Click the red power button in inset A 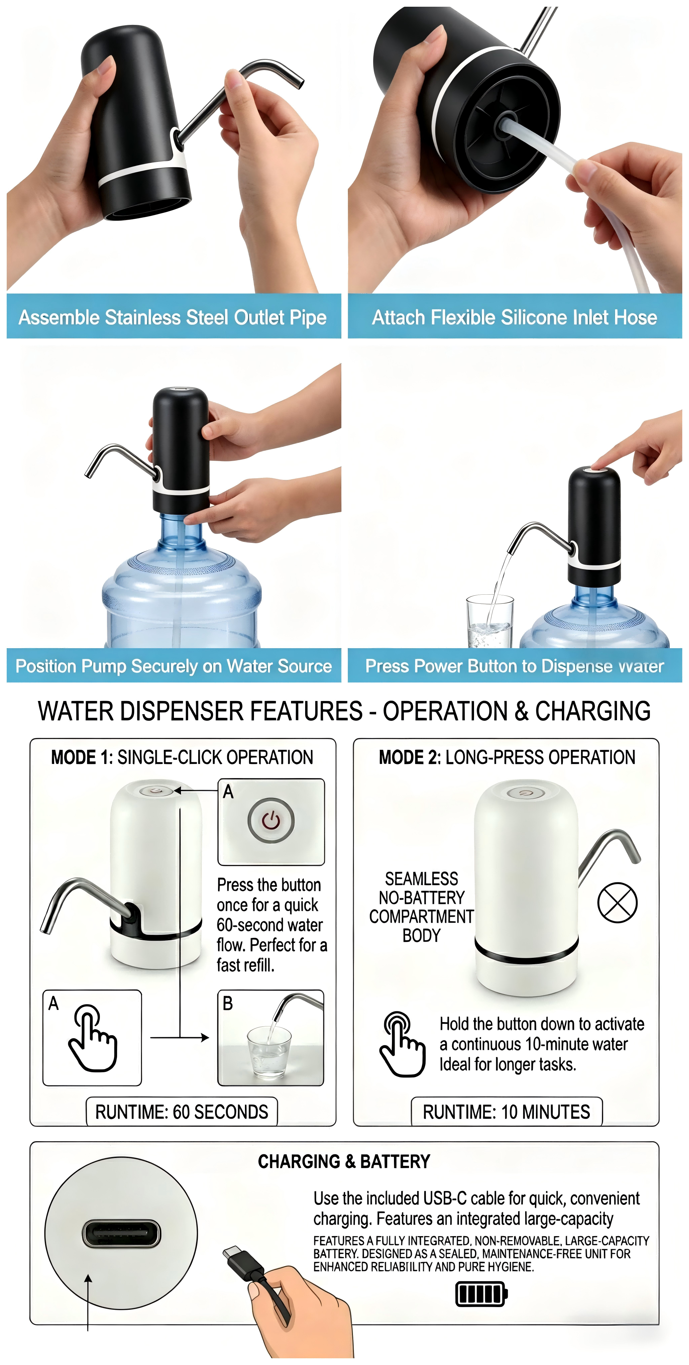coord(270,820)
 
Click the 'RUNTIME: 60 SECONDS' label coord(182,1111)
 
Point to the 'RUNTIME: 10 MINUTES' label coord(506,1111)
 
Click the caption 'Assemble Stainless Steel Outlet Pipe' coord(173,317)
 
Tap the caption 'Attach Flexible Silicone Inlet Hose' coord(514,317)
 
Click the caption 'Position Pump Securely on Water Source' coord(174,666)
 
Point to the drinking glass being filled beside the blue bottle coord(490,621)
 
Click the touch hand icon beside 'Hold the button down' coord(402,1044)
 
